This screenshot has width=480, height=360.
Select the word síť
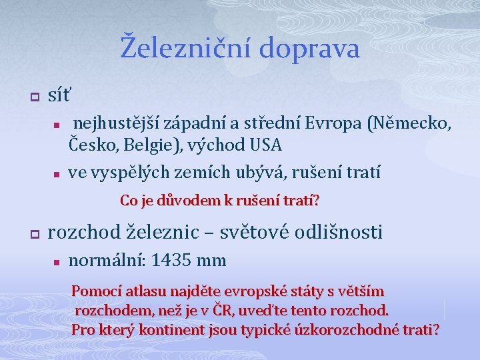click(x=60, y=96)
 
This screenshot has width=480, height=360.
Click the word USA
click(x=266, y=144)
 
